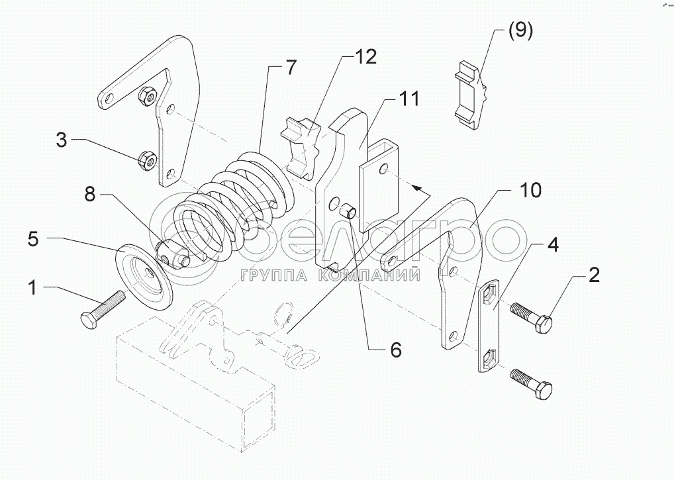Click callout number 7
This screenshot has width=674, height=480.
291,67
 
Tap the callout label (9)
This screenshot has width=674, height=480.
520,31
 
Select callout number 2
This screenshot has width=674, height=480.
594,275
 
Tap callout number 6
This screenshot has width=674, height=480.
395,350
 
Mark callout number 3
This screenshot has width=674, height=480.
61,140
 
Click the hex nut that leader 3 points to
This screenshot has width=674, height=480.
147,159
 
